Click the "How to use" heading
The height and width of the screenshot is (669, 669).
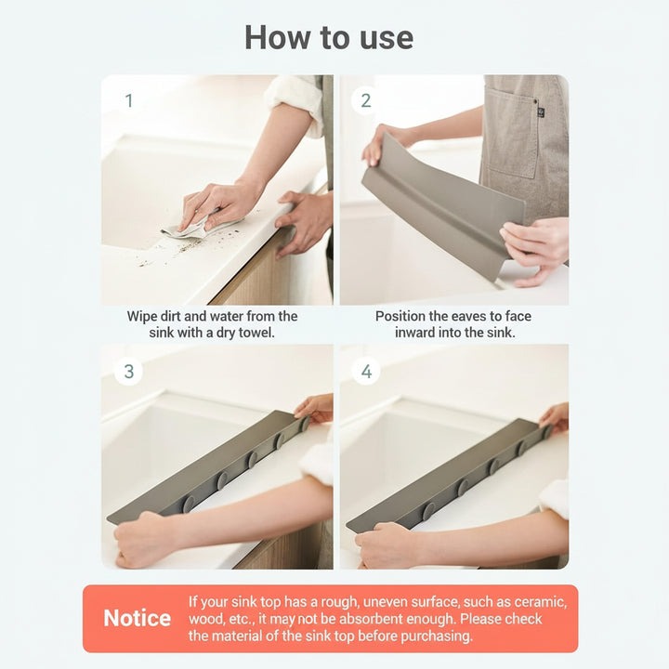[329, 38]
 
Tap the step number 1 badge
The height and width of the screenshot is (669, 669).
[128, 100]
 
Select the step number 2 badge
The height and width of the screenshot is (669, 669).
[366, 100]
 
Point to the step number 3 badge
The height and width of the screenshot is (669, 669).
[128, 372]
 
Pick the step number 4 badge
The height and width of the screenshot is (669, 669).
[366, 372]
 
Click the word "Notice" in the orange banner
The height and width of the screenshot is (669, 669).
[137, 619]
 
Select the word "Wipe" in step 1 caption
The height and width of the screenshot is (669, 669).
[145, 317]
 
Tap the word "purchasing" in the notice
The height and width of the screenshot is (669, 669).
[432, 636]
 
